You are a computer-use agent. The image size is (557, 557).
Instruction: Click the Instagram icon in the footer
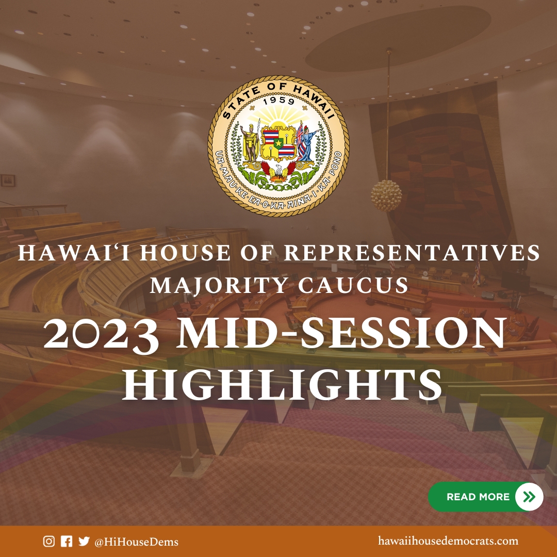49,541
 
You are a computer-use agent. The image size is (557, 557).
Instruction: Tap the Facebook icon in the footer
67,541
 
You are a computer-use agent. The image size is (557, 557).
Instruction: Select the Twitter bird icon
84,541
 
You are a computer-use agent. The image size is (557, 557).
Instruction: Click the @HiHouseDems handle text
136,542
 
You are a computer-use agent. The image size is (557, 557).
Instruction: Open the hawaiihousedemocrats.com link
448,540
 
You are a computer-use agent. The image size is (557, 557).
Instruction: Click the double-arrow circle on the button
529,497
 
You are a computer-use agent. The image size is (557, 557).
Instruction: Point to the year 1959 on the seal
279,101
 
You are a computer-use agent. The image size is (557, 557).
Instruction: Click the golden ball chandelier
386,195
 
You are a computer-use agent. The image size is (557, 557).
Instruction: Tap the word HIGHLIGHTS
283,385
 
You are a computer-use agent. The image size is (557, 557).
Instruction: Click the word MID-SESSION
341,333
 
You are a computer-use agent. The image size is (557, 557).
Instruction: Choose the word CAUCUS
353,285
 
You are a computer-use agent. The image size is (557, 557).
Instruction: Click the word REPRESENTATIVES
412,253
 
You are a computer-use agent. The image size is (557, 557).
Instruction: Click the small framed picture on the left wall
8,180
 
